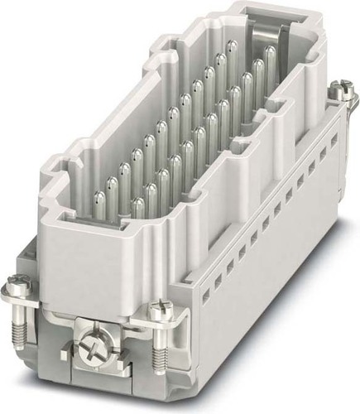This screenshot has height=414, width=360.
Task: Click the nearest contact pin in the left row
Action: pos(99,199)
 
